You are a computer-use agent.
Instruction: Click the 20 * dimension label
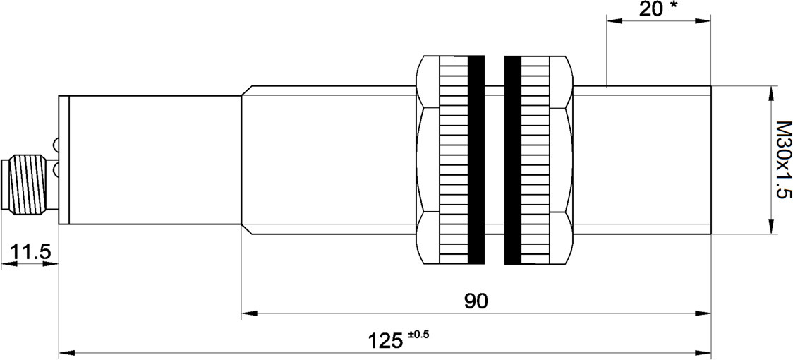pyautogui.click(x=658, y=8)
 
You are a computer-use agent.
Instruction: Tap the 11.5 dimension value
pyautogui.click(x=30, y=251)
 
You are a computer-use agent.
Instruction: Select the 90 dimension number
pyautogui.click(x=476, y=301)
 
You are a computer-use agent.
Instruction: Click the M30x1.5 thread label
pyautogui.click(x=783, y=160)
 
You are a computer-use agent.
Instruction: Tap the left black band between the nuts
pyautogui.click(x=476, y=160)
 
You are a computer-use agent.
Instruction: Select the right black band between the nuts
pyautogui.click(x=513, y=160)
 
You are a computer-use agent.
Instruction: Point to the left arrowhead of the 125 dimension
pyautogui.click(x=67, y=353)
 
